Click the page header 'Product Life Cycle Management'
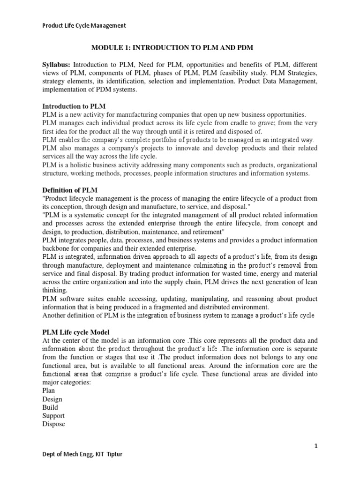point(84,26)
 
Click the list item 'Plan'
point(48,391)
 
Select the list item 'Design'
point(52,399)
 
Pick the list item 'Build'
point(50,407)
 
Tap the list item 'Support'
point(53,416)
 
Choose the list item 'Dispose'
point(53,424)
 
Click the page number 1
point(316,446)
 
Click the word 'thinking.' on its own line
point(55,290)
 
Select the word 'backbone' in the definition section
point(58,248)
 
